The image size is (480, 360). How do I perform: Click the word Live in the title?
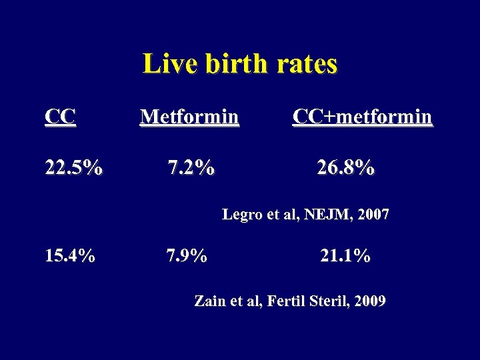pyautogui.click(x=163, y=65)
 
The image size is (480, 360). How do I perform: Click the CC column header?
pyautogui.click(x=60, y=117)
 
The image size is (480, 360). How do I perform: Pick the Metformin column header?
pyautogui.click(x=189, y=117)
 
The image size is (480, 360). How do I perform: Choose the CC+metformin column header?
pyautogui.click(x=362, y=117)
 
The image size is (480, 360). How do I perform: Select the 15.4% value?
pyautogui.click(x=69, y=255)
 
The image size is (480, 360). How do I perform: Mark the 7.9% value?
pyautogui.click(x=186, y=255)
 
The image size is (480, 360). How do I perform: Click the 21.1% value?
pyautogui.click(x=345, y=255)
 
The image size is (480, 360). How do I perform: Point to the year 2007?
pyautogui.click(x=373, y=215)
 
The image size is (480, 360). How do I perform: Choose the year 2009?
pyautogui.click(x=370, y=301)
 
